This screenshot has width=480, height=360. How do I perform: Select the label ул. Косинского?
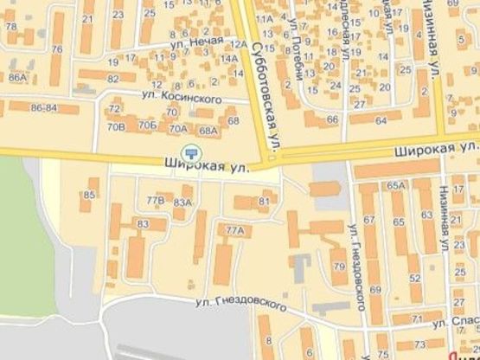(x=184, y=100)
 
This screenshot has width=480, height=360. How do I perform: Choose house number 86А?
(x=16, y=78)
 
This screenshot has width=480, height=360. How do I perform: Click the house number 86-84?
(x=43, y=107)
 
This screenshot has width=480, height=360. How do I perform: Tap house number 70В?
(x=116, y=128)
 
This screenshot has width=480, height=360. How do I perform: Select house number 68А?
(x=208, y=130)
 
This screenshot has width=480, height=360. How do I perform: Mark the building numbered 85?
(x=89, y=196)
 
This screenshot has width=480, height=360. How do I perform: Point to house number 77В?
(x=156, y=200)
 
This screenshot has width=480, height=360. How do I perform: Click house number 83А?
(x=182, y=202)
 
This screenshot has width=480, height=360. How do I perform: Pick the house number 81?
(x=264, y=202)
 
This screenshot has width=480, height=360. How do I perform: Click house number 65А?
(x=397, y=185)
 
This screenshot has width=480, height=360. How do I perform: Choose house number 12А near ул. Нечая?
(x=239, y=43)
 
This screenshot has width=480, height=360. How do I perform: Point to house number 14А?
(x=229, y=59)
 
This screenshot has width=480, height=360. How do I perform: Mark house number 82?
(x=112, y=79)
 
